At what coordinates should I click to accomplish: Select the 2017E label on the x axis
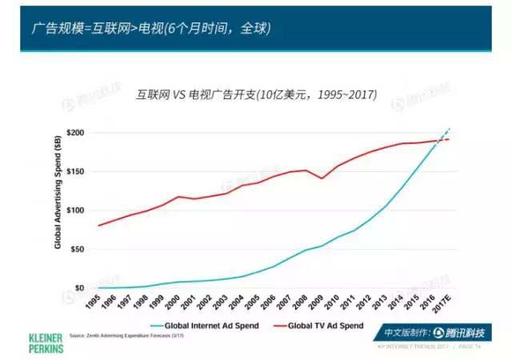point(438,305)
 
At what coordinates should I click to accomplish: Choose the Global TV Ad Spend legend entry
point(320,326)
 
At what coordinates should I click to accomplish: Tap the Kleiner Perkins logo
point(45,342)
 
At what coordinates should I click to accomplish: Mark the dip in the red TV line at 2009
point(322,178)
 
